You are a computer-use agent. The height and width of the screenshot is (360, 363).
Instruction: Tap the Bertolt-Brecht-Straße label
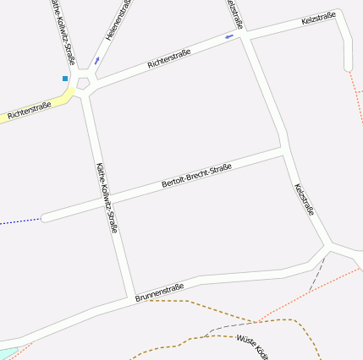[196, 174]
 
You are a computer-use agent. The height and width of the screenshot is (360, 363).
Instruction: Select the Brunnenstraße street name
[160, 292]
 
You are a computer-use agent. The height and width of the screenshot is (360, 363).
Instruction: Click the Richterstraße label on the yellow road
[30, 109]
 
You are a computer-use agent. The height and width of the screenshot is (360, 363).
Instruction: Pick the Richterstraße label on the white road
[168, 57]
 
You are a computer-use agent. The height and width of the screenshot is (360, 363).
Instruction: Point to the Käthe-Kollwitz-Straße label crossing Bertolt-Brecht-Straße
[107, 198]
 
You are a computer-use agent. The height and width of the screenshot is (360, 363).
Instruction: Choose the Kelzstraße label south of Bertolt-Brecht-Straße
[304, 199]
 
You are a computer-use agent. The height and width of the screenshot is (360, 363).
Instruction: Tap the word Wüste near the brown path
[246, 340]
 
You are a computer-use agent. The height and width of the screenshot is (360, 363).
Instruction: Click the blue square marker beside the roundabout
[65, 79]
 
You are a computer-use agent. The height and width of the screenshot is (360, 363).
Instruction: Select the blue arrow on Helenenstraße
[97, 60]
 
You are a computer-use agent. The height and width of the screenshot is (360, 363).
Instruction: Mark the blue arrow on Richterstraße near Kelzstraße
[229, 37]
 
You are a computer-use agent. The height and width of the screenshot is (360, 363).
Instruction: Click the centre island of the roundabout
[83, 83]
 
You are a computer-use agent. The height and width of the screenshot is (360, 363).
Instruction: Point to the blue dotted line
[20, 222]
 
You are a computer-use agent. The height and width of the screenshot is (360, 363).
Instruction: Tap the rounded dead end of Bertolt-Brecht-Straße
[46, 218]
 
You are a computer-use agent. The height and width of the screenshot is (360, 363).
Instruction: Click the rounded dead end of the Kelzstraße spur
[348, 67]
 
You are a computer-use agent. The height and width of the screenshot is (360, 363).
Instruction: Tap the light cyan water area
[7, 353]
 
